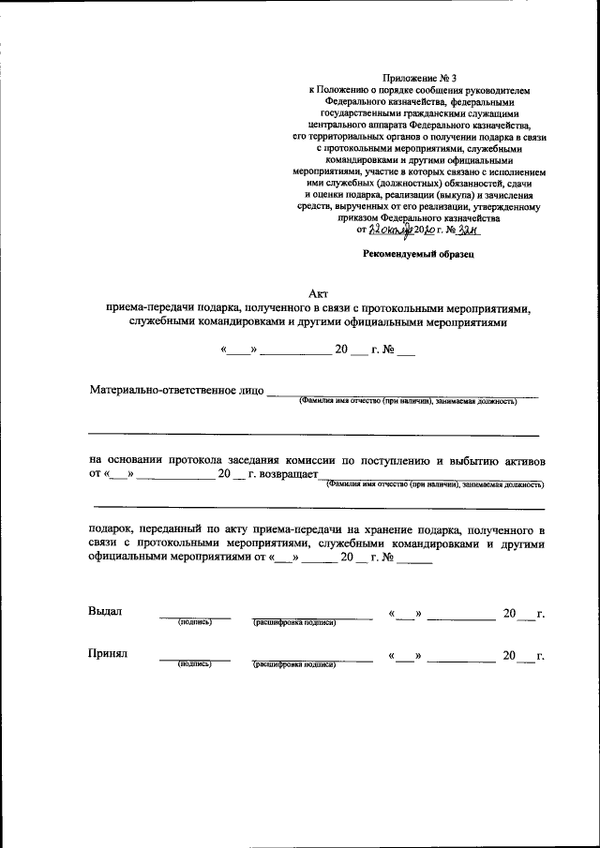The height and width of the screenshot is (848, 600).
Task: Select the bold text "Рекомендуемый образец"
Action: [420, 254]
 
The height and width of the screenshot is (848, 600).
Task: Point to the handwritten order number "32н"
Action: [480, 231]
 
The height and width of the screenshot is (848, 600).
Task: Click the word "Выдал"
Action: [105, 611]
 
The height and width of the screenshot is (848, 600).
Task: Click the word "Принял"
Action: [108, 652]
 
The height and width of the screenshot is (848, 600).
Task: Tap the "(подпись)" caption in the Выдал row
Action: [195, 622]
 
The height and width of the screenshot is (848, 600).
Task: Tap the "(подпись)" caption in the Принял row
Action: [195, 663]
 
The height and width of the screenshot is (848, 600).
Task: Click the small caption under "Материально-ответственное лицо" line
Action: [408, 401]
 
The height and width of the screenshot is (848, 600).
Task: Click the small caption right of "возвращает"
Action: [434, 485]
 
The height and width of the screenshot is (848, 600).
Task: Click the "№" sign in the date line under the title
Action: [389, 351]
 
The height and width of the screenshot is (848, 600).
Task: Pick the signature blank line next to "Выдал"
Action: [195, 616]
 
